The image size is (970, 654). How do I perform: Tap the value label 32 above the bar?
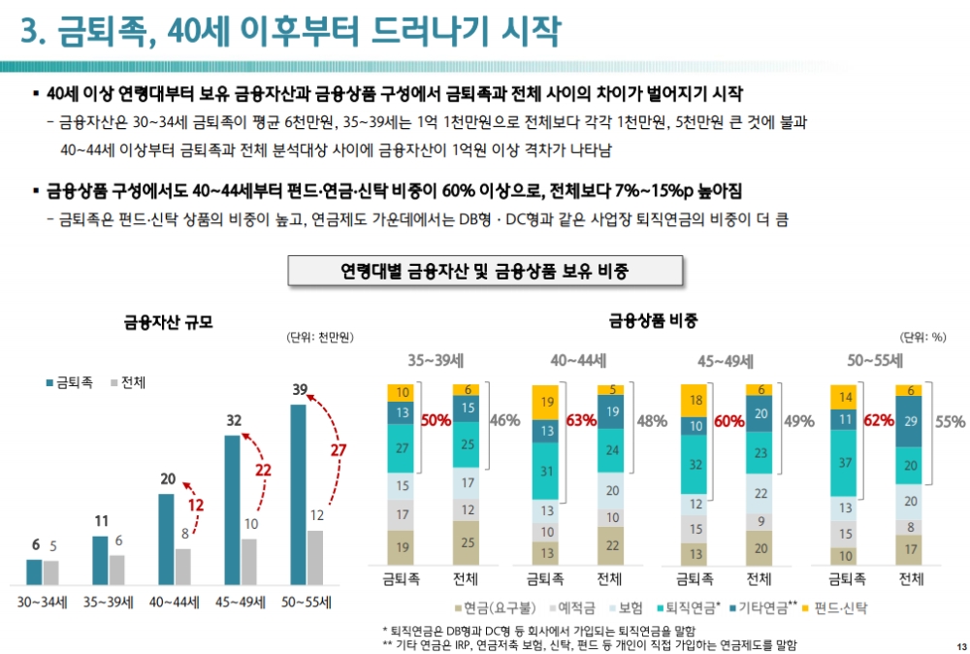(233, 421)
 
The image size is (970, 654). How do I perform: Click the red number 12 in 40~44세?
(196, 506)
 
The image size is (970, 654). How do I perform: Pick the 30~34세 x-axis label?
(42, 602)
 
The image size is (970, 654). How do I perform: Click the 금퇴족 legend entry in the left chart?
(69, 382)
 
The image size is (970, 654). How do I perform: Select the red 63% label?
(581, 421)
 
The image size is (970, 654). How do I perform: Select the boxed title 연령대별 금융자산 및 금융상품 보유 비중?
(485, 271)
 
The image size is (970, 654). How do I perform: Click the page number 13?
(960, 648)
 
